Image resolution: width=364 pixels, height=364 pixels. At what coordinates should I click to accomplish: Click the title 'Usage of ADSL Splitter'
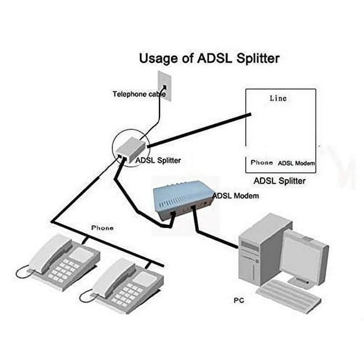pos(209,59)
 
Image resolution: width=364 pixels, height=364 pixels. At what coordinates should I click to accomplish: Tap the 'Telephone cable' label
pos(139,95)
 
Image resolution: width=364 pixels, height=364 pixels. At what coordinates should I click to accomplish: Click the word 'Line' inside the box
pos(278,98)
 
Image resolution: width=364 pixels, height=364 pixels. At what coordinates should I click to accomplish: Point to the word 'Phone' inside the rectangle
pos(261,163)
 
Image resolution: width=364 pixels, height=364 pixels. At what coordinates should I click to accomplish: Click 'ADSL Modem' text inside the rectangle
pos(297,163)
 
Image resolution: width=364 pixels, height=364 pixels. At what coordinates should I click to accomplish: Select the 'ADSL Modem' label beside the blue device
pos(236,196)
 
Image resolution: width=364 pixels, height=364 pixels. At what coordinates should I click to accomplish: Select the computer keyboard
pos(289,299)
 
